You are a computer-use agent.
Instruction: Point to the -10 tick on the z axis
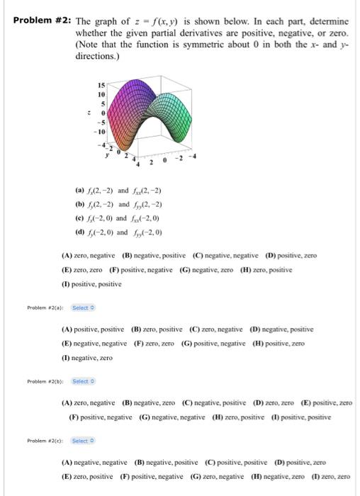pyautogui.click(x=101, y=132)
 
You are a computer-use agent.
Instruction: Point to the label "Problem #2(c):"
pyautogui.click(x=46, y=441)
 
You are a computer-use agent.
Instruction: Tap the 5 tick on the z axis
pyautogui.click(x=103, y=103)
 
